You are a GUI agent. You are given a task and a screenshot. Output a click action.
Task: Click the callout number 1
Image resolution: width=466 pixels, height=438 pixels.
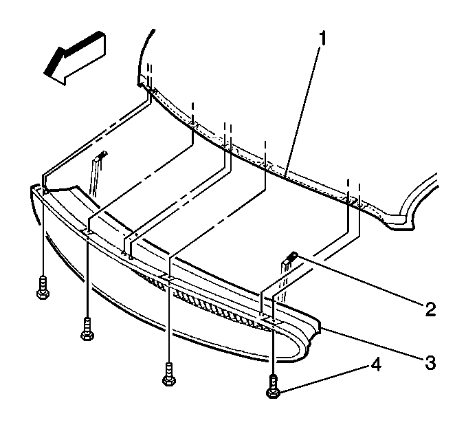pyautogui.click(x=322, y=39)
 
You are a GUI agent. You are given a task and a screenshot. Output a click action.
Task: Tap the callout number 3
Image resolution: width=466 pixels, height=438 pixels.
pyautogui.click(x=430, y=362)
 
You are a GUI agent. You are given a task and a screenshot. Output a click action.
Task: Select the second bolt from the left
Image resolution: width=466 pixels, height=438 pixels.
pyautogui.click(x=87, y=329)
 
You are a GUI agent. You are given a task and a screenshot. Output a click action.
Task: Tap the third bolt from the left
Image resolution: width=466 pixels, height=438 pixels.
pyautogui.click(x=169, y=374)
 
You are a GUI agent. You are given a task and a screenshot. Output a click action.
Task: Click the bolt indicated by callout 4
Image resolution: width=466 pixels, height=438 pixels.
pyautogui.click(x=273, y=386)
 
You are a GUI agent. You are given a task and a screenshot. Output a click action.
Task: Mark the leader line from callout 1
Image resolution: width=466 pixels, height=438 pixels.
pyautogui.click(x=302, y=111)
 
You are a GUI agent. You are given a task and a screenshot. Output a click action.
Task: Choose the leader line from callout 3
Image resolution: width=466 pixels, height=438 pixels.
pyautogui.click(x=373, y=343)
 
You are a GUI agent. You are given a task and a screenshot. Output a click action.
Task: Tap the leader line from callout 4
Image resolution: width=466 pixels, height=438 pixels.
pyautogui.click(x=324, y=379)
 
